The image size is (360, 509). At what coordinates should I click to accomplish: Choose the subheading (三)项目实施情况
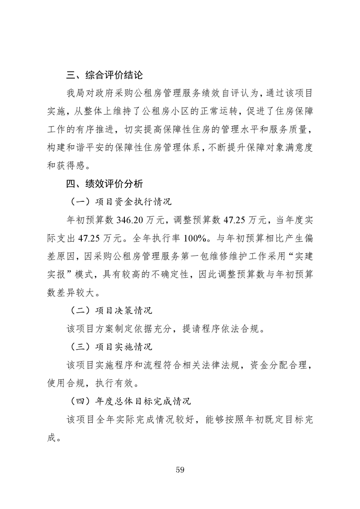110,347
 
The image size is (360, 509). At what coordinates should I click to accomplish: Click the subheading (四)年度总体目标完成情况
130,401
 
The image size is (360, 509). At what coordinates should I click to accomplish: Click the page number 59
180,469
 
